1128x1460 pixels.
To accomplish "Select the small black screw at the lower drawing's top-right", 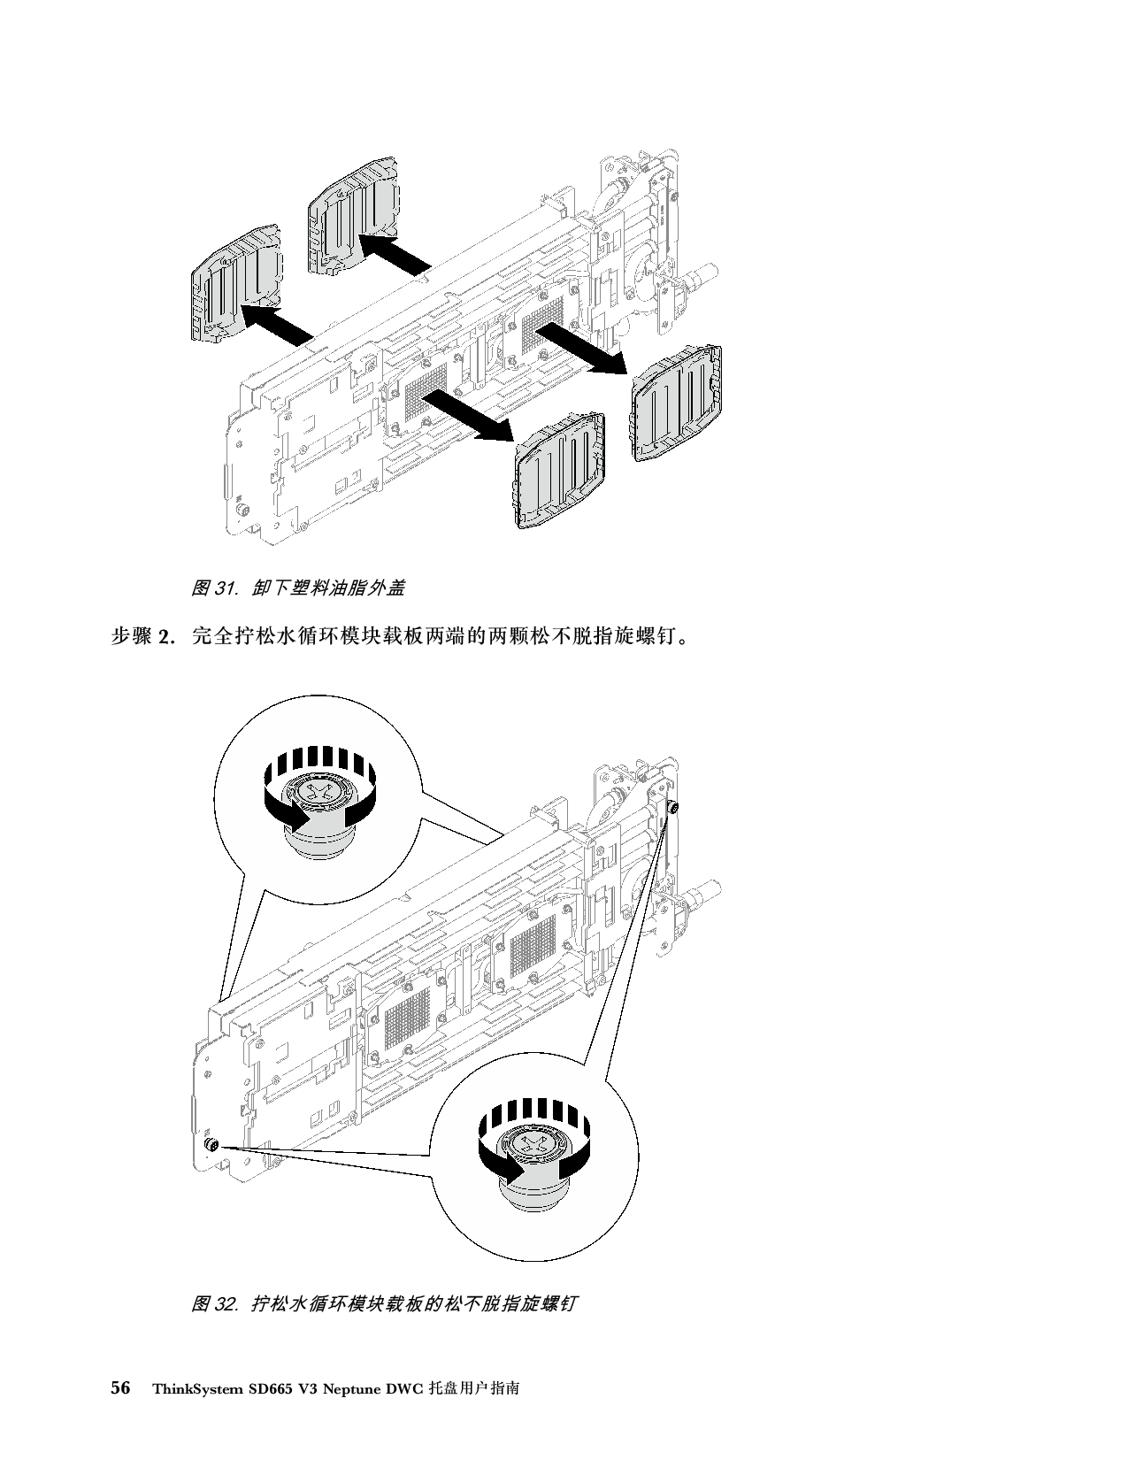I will click(x=674, y=807).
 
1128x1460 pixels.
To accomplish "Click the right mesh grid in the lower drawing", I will click(x=531, y=950).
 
